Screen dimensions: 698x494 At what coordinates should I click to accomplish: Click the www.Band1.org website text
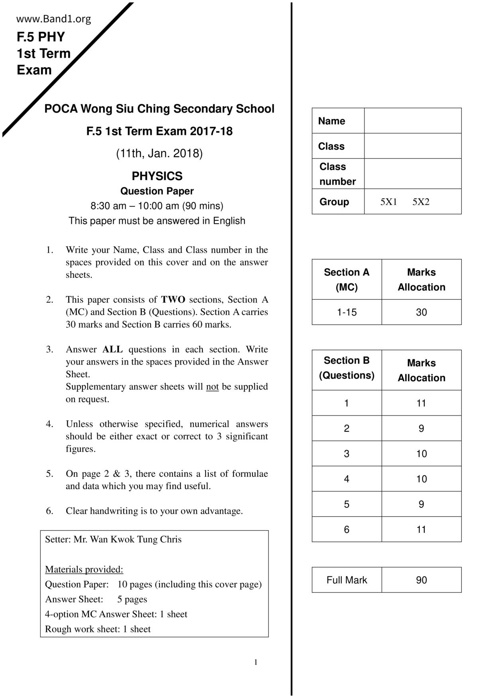(x=53, y=19)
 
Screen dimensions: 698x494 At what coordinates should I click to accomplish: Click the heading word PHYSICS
(x=157, y=176)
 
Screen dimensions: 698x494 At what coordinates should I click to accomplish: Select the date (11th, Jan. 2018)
(x=159, y=153)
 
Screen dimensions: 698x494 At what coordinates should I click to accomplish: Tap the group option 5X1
(x=388, y=202)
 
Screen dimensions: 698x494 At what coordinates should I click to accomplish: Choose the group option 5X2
(x=421, y=202)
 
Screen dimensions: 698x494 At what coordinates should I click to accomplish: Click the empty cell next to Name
(x=412, y=121)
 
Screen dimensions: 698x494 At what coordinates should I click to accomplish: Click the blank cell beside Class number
(x=412, y=174)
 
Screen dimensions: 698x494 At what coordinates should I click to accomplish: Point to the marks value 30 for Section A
(x=421, y=312)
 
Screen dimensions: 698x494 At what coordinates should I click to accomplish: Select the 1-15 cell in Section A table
(x=347, y=312)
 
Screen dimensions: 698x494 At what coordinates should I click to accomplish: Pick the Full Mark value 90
(x=421, y=580)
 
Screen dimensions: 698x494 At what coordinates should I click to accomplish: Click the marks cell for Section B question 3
(x=421, y=454)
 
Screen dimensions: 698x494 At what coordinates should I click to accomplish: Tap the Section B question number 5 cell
(x=347, y=505)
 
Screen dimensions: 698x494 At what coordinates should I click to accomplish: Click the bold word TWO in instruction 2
(x=173, y=300)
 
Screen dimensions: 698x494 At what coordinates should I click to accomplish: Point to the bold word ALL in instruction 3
(x=112, y=349)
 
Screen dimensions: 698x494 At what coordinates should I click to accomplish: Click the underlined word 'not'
(x=212, y=387)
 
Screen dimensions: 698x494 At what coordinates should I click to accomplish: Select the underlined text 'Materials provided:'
(x=84, y=569)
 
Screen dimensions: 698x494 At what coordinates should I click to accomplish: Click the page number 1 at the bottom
(x=256, y=662)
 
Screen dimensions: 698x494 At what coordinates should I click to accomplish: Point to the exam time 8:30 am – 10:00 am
(x=157, y=206)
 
